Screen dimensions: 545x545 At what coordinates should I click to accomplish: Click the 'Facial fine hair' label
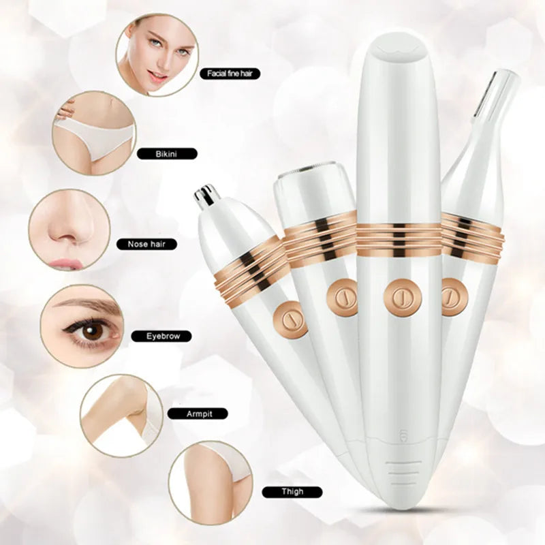coord(230,74)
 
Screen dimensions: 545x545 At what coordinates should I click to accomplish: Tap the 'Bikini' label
coord(167,154)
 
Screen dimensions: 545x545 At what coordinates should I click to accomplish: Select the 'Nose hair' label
coord(146,244)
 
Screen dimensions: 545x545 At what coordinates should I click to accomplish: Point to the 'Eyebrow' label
coord(161,336)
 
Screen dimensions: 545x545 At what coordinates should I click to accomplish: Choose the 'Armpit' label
coord(198,414)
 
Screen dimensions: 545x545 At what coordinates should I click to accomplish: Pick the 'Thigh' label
coord(292,491)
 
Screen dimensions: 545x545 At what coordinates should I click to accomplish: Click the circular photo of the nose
coord(69,230)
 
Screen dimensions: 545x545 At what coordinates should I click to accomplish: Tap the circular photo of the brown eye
coord(82,326)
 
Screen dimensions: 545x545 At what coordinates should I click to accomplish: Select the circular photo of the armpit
coord(122,416)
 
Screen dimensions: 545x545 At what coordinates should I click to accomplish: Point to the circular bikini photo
coord(94,133)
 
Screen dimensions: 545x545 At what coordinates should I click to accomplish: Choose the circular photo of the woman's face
coord(157,55)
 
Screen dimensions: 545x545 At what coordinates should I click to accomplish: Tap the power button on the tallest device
coord(403,296)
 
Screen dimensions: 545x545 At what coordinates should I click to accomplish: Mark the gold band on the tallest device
coord(399,240)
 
